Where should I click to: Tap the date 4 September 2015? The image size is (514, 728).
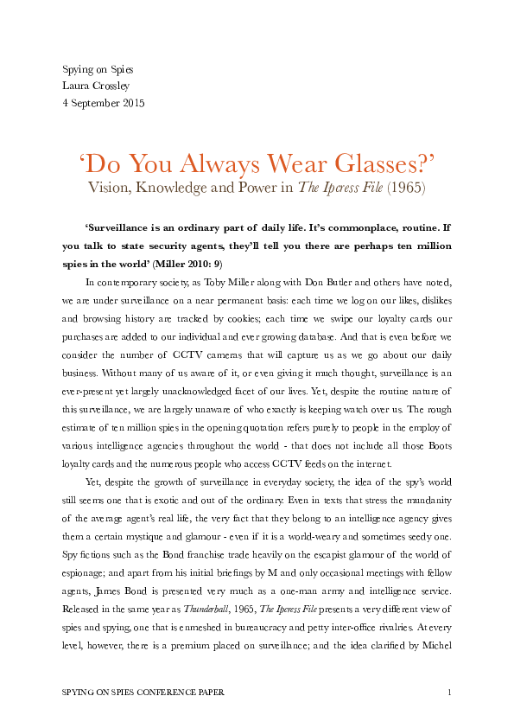point(104,102)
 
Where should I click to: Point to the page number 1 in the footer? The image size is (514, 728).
point(450,693)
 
